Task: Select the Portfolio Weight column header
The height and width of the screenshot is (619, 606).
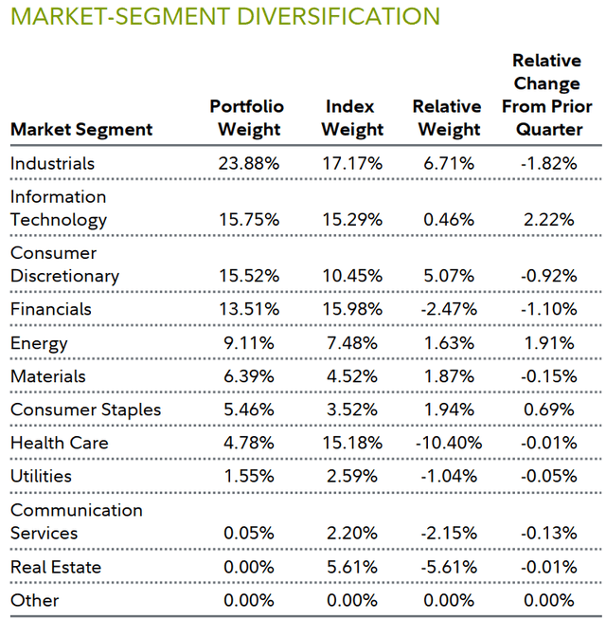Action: (246, 118)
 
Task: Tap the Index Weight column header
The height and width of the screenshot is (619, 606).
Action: (353, 118)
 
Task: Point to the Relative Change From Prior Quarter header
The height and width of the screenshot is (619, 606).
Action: (546, 95)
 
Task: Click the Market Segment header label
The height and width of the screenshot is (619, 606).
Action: (80, 129)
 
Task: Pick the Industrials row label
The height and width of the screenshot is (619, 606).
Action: (52, 163)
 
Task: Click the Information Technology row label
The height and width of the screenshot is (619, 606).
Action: (59, 208)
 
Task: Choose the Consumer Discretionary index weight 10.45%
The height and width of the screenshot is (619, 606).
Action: (354, 277)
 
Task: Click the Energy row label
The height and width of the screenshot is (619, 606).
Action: (39, 343)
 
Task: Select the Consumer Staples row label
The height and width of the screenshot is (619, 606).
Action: (85, 410)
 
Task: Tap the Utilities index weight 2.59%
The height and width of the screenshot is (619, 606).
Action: (354, 476)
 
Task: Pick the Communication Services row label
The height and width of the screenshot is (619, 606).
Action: (76, 521)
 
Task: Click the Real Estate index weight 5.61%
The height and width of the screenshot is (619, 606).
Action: (354, 567)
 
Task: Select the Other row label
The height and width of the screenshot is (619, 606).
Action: (34, 600)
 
